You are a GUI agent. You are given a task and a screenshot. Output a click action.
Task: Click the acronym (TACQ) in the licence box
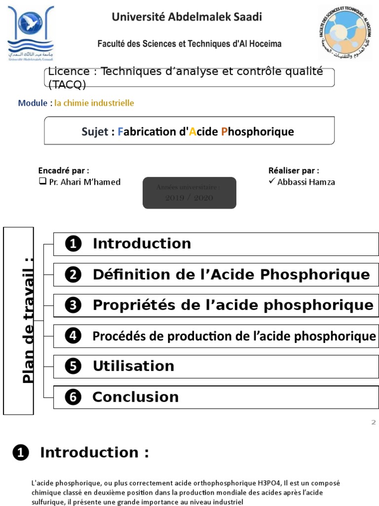tap(67, 84)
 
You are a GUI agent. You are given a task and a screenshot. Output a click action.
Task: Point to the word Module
tap(32, 103)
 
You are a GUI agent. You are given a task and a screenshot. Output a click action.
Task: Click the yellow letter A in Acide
tap(193, 132)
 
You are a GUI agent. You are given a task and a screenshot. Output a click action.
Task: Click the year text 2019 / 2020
tap(189, 198)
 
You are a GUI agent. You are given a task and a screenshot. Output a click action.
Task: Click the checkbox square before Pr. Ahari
tap(42, 181)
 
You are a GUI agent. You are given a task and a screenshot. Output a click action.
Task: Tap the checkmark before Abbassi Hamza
tap(271, 181)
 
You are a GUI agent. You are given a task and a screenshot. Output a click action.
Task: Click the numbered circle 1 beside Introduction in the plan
tap(73, 244)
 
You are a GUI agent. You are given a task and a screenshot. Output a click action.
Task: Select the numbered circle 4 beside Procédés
tap(73, 336)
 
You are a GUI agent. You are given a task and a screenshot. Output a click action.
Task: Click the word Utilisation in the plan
tap(133, 366)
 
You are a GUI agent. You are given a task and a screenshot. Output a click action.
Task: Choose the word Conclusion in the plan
tap(135, 397)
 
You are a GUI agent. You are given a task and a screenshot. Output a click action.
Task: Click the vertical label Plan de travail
tap(29, 320)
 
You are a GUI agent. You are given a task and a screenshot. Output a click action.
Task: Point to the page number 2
tap(374, 422)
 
